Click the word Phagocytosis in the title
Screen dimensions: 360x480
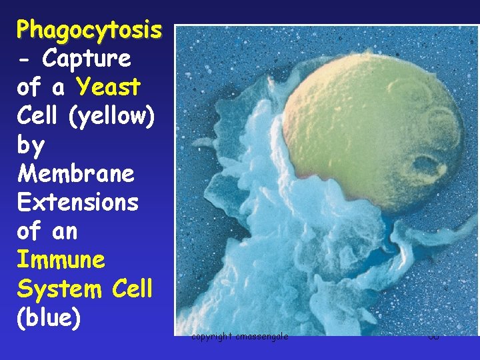pos(89,30)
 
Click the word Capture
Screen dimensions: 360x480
pos(87,59)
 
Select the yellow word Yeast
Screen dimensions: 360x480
pos(108,87)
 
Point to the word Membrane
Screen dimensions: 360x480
pos(76,174)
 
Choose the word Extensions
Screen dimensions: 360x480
pos(78,203)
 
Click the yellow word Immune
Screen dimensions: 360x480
pos(61,259)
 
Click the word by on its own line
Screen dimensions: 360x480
pos(31,145)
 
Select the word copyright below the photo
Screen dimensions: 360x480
pos(211,337)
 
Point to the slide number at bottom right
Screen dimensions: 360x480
pos(434,337)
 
